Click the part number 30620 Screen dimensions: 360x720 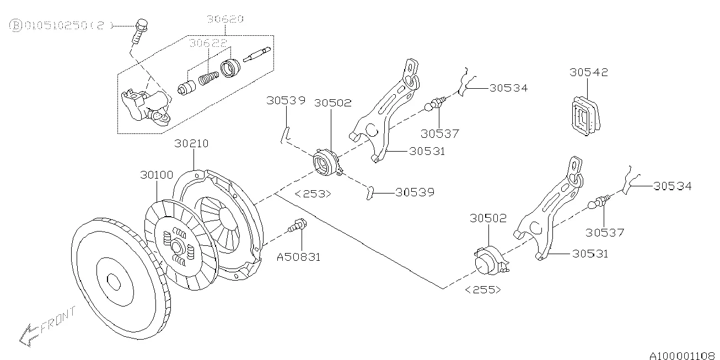coord(225,19)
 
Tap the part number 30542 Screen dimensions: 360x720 coord(589,72)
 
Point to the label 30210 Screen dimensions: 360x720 coord(191,144)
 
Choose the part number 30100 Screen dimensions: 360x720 coord(157,175)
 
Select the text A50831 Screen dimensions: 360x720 coord(298,256)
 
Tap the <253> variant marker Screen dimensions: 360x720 coord(313,194)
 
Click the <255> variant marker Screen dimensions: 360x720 coord(483,289)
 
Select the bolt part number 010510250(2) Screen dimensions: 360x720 coord(62,25)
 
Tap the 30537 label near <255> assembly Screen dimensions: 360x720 coord(605,233)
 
